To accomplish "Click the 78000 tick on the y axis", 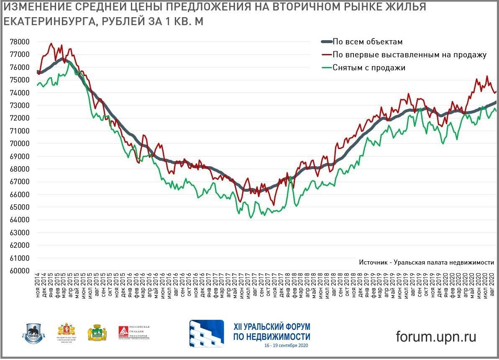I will [20, 42].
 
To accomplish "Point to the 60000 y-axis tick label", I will [20, 271].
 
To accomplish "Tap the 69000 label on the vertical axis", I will [20, 157].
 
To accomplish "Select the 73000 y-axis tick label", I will [20, 105].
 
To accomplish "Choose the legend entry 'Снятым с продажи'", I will [369, 67].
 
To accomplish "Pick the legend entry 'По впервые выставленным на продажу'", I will [409, 54].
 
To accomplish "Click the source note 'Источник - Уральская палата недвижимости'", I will [426, 262].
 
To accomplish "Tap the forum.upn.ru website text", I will [436, 336].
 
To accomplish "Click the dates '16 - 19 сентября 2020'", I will [286, 346].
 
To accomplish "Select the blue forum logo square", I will [207, 334].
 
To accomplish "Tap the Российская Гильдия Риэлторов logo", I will [133, 334].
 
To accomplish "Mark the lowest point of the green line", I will [251, 218].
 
